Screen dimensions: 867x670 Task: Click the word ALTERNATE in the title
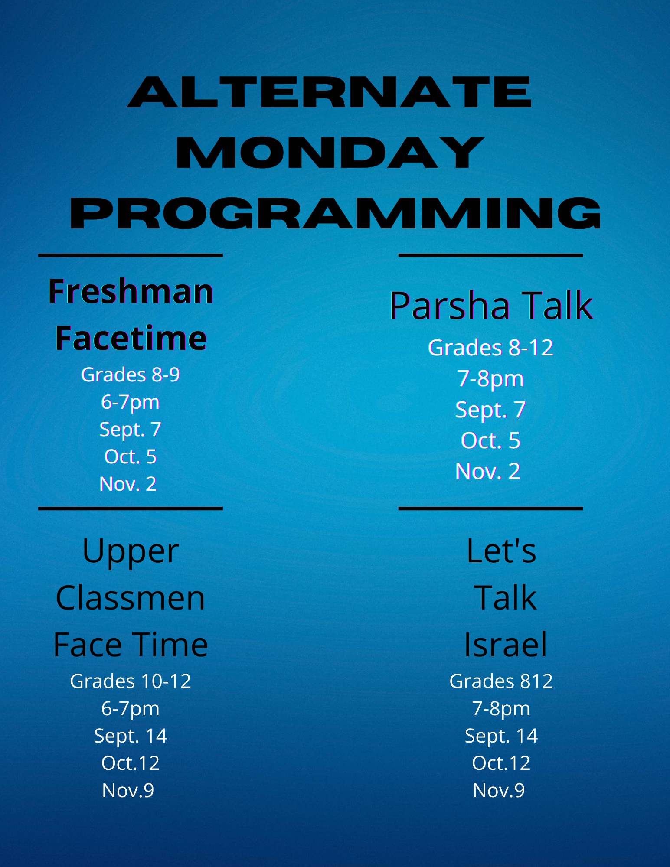(x=330, y=92)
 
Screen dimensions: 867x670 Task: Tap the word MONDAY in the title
(x=330, y=153)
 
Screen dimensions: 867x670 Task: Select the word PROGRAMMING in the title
(x=335, y=213)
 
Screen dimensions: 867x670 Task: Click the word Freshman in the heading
(x=130, y=291)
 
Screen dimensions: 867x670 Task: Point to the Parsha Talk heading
(x=490, y=306)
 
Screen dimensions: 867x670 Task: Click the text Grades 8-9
(x=130, y=375)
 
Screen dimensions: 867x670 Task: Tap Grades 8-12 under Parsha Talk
(x=490, y=348)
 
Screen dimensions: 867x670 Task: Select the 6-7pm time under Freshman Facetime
(x=130, y=402)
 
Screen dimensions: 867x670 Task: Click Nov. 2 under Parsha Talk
(x=487, y=471)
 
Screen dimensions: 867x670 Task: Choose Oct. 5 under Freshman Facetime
(x=130, y=457)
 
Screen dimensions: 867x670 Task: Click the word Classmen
(x=130, y=598)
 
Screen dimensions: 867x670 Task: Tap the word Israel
(x=505, y=645)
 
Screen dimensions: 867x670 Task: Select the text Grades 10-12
(x=130, y=681)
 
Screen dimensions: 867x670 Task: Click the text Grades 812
(x=501, y=681)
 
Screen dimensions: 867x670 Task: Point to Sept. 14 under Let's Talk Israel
(x=501, y=736)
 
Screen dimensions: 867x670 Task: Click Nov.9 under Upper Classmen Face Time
(x=128, y=791)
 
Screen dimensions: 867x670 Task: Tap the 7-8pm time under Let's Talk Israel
(x=501, y=709)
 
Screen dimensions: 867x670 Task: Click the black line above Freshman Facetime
(x=130, y=256)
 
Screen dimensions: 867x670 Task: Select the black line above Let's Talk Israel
(x=490, y=508)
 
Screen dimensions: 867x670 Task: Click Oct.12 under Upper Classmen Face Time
(x=130, y=763)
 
